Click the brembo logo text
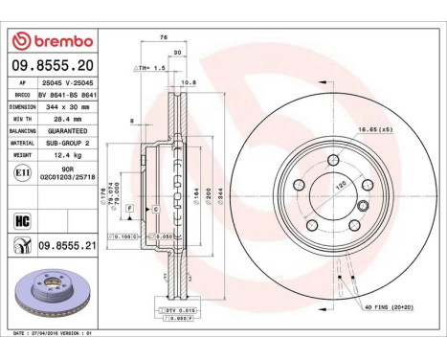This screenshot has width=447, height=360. pos(58,41)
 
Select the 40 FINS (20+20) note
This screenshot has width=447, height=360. pos(389,306)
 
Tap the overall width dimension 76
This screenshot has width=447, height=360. pos(166,39)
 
